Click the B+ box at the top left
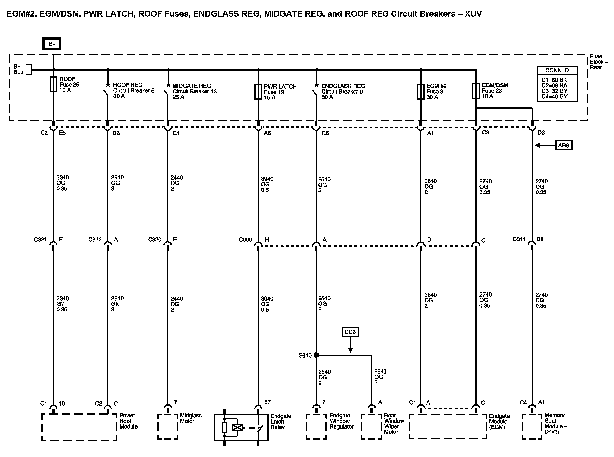click(52, 44)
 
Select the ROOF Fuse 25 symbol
click(53, 84)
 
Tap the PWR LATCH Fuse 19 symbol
click(258, 92)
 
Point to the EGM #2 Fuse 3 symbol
click(421, 92)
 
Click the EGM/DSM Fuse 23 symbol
click(476, 91)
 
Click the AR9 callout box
click(564, 145)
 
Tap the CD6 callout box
click(350, 332)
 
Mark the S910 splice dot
click(316, 355)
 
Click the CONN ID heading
click(557, 70)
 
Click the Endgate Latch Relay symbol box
click(241, 427)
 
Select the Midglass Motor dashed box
click(168, 426)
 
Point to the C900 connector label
click(245, 240)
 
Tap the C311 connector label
click(519, 239)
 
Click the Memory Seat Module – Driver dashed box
click(532, 426)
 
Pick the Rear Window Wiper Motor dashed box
click(371, 426)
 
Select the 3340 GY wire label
click(62, 304)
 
